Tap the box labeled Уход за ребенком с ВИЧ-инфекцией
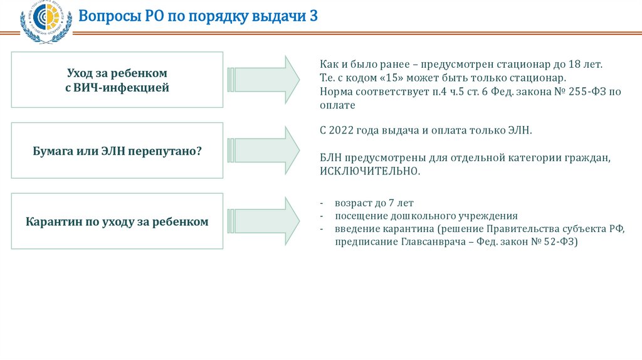click(117, 80)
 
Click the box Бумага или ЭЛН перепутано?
click(117, 151)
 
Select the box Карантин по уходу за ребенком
click(117, 221)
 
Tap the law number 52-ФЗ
click(558, 241)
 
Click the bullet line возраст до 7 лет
click(374, 203)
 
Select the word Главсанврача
click(429, 241)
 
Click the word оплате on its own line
click(337, 105)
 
